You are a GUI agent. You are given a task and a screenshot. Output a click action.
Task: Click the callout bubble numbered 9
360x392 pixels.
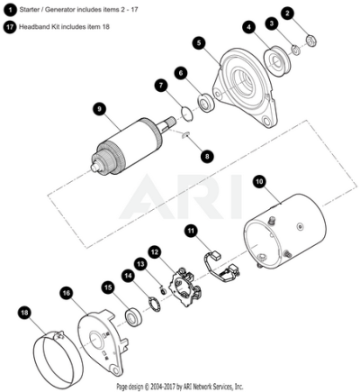[99, 109]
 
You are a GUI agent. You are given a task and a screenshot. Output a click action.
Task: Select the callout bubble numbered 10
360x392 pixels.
[260, 182]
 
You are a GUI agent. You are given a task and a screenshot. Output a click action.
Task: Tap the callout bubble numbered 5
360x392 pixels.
[200, 43]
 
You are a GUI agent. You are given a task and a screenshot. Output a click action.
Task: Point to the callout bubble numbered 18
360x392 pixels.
[24, 313]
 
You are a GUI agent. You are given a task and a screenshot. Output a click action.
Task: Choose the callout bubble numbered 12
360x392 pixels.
[155, 252]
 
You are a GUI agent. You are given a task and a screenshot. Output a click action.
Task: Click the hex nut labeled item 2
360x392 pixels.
[311, 40]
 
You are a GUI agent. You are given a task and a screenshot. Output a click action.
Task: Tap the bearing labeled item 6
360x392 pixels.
[206, 103]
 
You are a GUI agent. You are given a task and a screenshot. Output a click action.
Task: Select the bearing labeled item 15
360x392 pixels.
[133, 316]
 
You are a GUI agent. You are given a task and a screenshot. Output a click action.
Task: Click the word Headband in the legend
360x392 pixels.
[33, 27]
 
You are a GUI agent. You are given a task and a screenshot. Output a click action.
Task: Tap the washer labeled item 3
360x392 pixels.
[296, 50]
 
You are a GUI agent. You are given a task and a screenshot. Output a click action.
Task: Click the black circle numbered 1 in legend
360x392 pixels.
[11, 10]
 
